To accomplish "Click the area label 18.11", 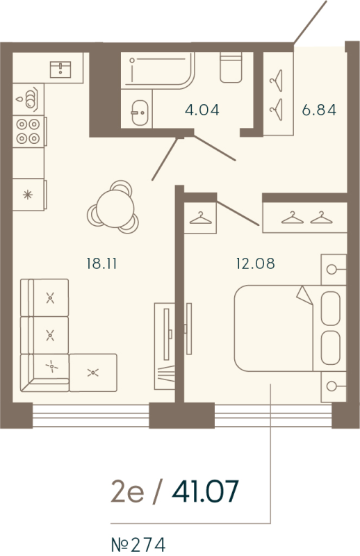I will pos(99,263).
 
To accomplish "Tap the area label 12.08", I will pos(255,263).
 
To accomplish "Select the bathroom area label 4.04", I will pos(202,109).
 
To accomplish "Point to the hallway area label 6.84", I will pos(319,109).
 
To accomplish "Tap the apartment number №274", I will pos(139,543).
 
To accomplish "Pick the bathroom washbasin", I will pos(139,110).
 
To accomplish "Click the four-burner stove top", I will pos(28,129).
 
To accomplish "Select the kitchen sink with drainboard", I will pos(28,99).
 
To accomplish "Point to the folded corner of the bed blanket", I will pos(304,295).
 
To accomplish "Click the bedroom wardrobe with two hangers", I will pos(304,218).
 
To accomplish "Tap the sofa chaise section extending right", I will pos(93,373).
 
